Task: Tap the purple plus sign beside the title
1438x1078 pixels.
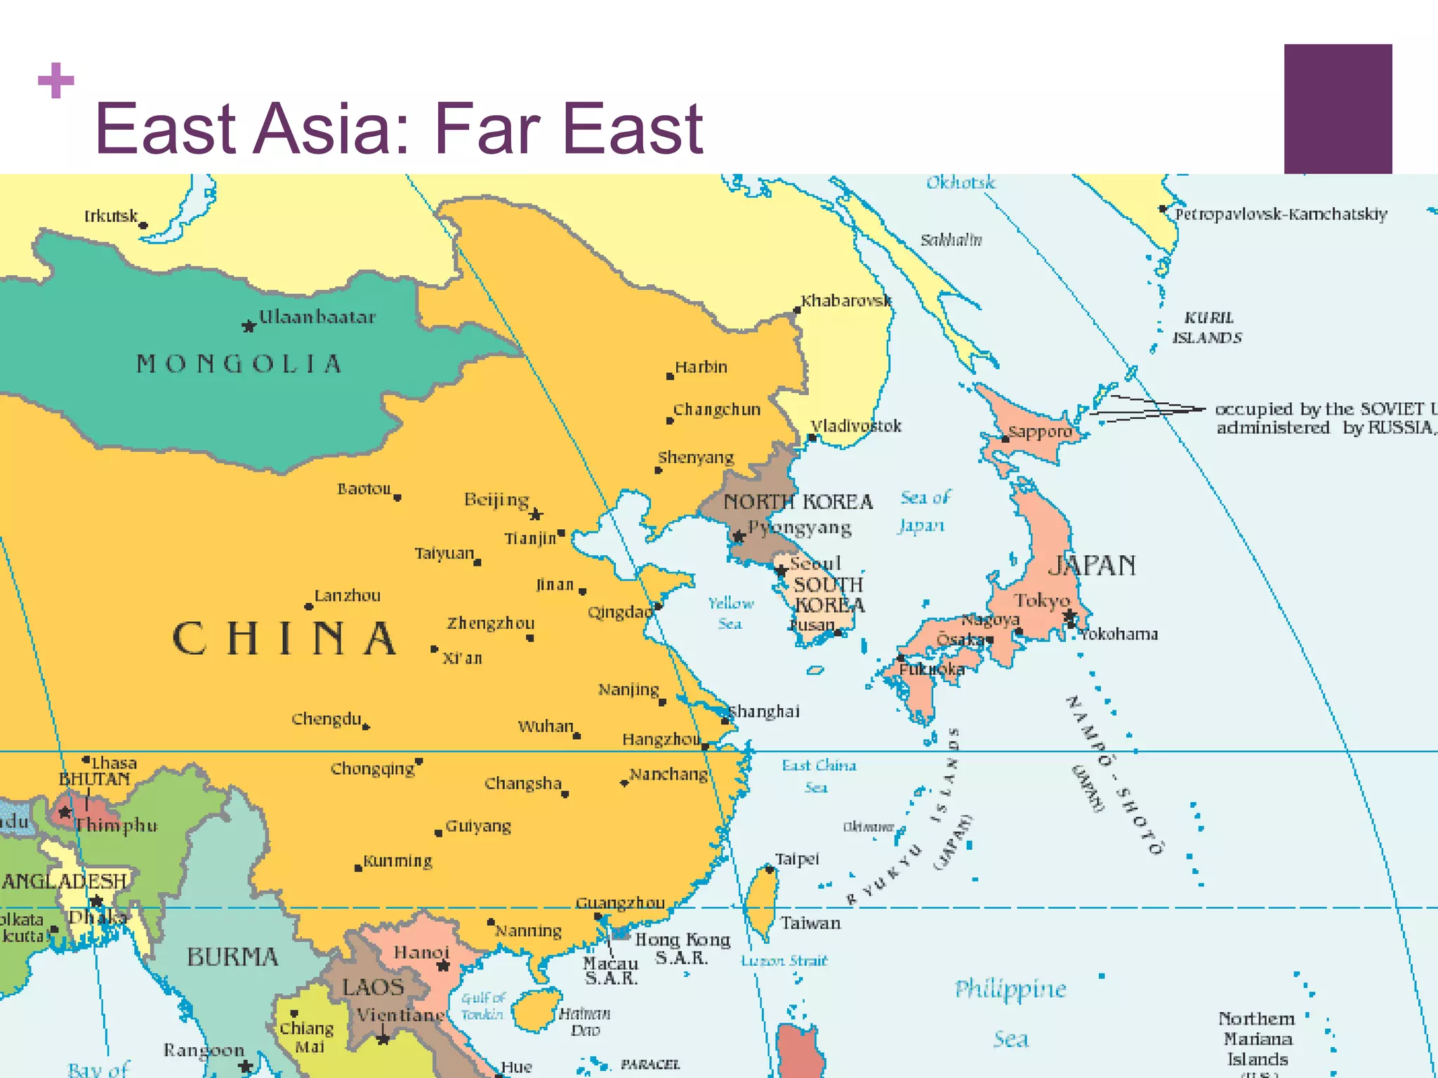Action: click(x=56, y=81)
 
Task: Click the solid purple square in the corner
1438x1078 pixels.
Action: click(x=1338, y=109)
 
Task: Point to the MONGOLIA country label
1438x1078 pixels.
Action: click(x=239, y=364)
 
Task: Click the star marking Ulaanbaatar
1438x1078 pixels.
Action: click(x=249, y=326)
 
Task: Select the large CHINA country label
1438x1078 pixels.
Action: click(x=284, y=639)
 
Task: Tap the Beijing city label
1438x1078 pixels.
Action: click(x=496, y=500)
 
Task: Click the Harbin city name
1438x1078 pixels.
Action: click(x=701, y=367)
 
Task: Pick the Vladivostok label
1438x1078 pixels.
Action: click(x=856, y=426)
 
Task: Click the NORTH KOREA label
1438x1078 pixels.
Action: click(x=798, y=502)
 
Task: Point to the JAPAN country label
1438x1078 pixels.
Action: click(x=1092, y=565)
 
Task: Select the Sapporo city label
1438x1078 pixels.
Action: click(x=1040, y=432)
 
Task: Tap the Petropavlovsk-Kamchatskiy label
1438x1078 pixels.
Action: click(x=1281, y=214)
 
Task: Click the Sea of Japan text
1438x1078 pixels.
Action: click(x=924, y=511)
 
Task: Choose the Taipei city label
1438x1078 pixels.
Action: click(x=797, y=859)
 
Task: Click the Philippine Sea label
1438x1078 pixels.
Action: click(x=1010, y=1013)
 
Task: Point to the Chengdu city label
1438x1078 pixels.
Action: click(x=326, y=719)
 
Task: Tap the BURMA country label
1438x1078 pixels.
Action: click(x=232, y=957)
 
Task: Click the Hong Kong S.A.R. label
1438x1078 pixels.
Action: click(x=682, y=948)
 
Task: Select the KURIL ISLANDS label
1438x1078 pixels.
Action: click(x=1208, y=328)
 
